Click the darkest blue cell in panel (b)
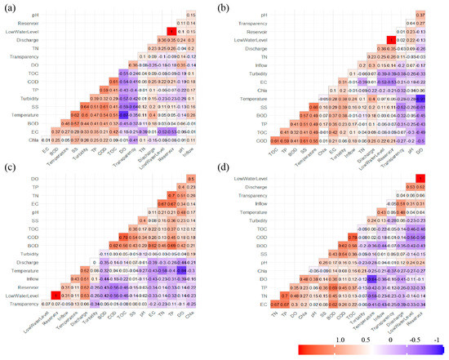420,99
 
